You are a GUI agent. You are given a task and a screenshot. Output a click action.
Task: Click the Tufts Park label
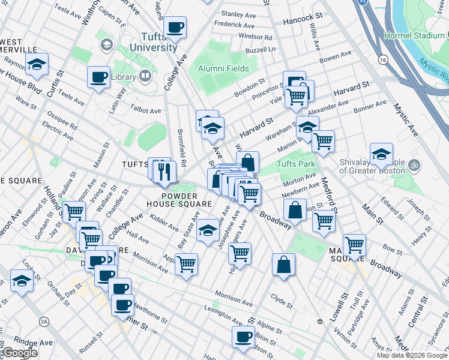pos(296,163)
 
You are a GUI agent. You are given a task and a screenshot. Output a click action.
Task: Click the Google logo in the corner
pos(19,353)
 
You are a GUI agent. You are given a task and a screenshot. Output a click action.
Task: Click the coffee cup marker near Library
pos(98,77)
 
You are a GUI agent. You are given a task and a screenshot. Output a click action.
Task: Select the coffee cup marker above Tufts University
pos(175,27)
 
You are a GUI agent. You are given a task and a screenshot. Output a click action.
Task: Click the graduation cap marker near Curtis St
pos(37,65)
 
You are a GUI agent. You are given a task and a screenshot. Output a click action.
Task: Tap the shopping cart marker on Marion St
pos(323,142)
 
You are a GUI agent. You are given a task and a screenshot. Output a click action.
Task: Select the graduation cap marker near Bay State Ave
pos(208,230)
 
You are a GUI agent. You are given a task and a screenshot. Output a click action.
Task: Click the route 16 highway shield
pos(382,59)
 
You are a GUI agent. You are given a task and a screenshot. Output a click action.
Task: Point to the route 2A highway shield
pos(44,322)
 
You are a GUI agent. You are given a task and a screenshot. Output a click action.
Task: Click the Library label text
pos(124,77)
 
